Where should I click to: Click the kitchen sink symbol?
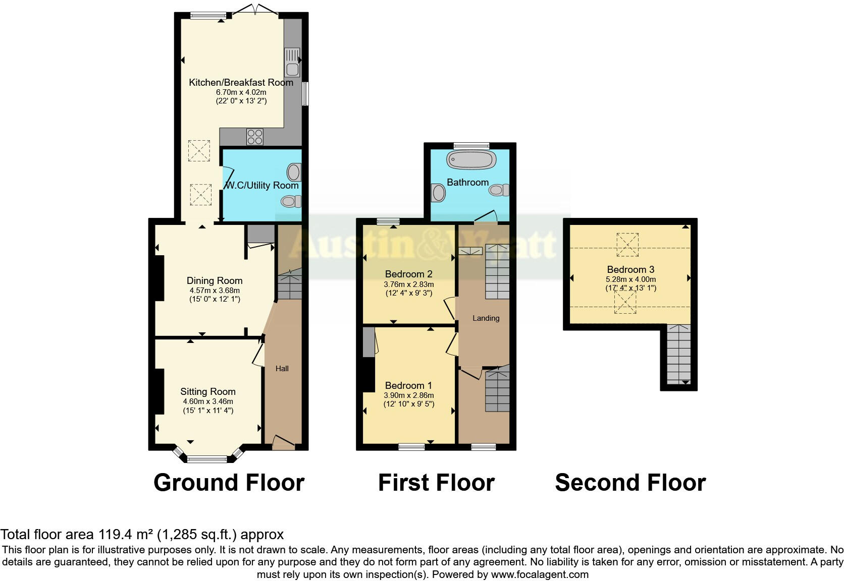292,62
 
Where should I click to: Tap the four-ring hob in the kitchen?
254,137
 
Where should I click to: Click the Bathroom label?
467,182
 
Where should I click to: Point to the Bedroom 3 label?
630,269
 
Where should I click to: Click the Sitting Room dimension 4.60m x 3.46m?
208,401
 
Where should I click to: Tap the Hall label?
282,369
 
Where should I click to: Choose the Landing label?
486,318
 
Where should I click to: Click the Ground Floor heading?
229,483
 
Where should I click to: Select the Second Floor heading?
630,483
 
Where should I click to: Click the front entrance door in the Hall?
283,442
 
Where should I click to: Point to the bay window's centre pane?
207,459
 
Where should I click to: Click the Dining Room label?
215,280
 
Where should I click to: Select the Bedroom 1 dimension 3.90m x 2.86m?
408,395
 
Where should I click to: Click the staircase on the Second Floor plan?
678,355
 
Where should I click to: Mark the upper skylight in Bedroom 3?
627,245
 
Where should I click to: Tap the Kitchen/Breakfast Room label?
241,82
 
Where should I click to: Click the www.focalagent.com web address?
540,574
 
